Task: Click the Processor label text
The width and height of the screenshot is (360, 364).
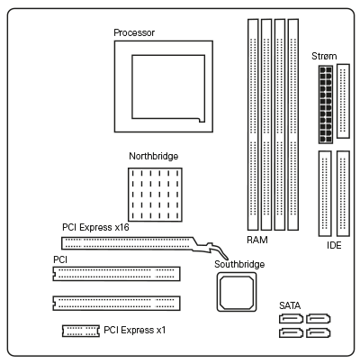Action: tap(134, 32)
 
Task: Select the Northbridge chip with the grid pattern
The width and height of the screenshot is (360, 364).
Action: tap(155, 195)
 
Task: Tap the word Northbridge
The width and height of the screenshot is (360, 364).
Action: tap(154, 156)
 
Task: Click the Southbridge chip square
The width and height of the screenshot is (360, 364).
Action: tap(237, 292)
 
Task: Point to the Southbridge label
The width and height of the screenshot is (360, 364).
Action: tap(239, 264)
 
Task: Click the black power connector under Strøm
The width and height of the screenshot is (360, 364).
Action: tap(326, 105)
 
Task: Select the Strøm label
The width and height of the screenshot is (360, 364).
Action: tap(324, 56)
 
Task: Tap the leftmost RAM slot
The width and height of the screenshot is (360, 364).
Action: tap(253, 124)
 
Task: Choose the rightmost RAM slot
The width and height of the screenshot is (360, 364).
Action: tap(293, 124)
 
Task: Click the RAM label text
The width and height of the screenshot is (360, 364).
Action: tap(257, 240)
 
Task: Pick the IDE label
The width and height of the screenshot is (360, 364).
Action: tap(334, 245)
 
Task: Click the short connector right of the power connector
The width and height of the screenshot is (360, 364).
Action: tap(343, 101)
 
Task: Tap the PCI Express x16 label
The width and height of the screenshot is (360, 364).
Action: tap(95, 227)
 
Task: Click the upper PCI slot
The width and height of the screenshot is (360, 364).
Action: tap(116, 274)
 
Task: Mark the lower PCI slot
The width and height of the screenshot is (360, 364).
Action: tap(116, 303)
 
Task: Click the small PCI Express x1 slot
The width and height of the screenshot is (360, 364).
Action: tap(81, 331)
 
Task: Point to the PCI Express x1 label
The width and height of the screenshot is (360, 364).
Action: tap(135, 330)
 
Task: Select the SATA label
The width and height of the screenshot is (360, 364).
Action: tap(290, 305)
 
